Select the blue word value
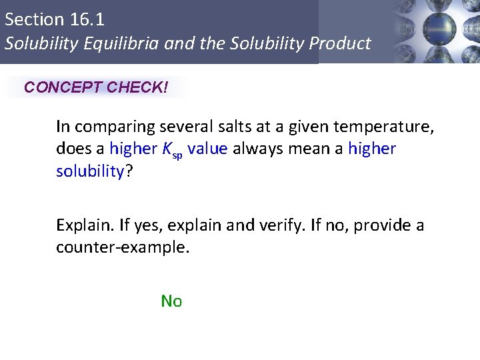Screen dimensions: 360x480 pyautogui.click(x=208, y=149)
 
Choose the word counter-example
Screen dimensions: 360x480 pyautogui.click(x=123, y=248)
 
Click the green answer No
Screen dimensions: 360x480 pyautogui.click(x=171, y=301)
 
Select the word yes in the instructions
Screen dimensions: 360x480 pyautogui.click(x=143, y=225)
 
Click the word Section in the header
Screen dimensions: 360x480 pyautogui.click(x=30, y=19)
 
